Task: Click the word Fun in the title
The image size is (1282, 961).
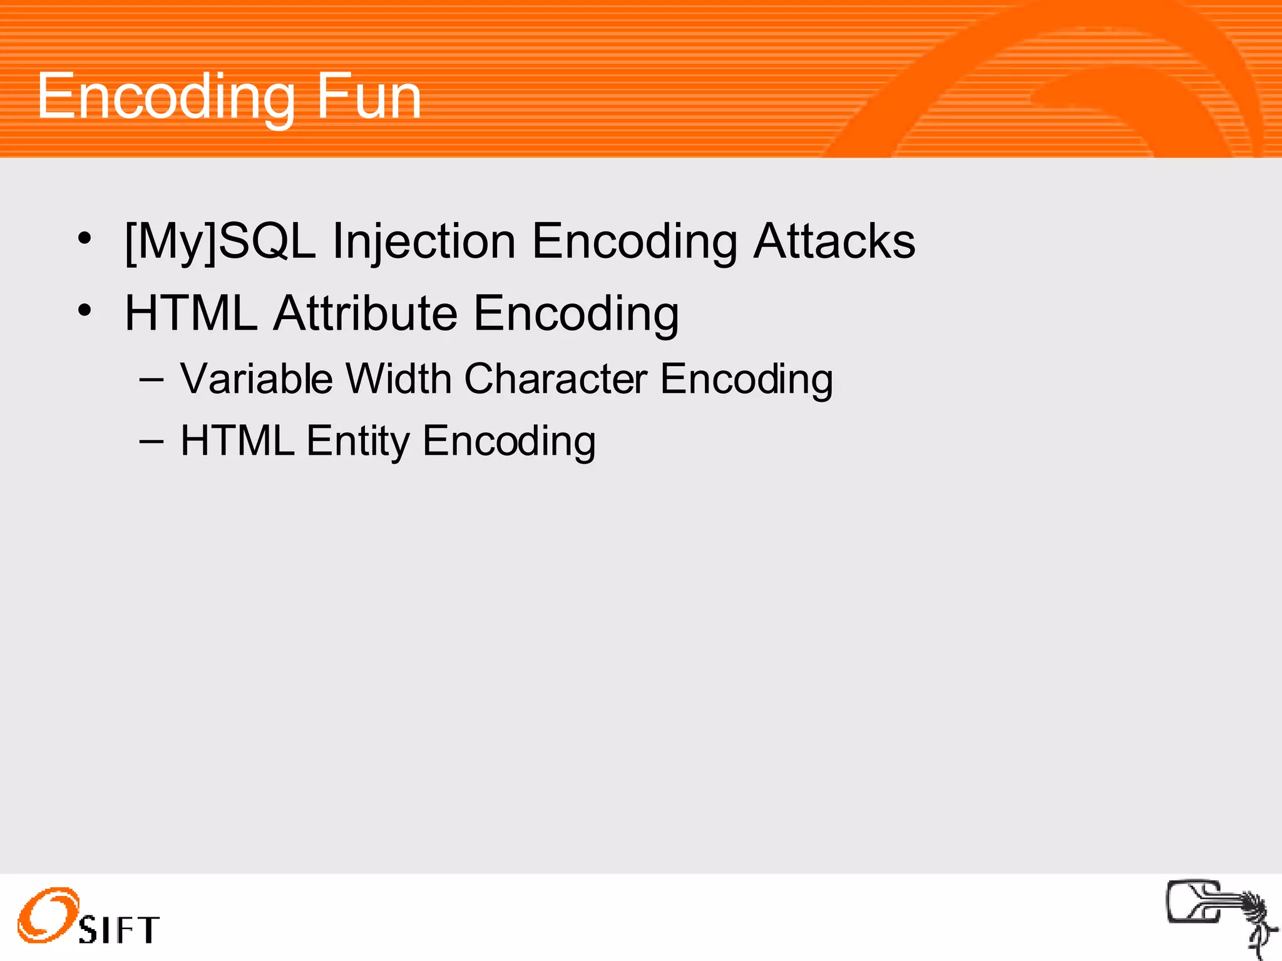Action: [x=369, y=96]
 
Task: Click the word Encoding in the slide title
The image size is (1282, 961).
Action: [x=165, y=98]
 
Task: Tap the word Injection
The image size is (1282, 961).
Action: [x=424, y=242]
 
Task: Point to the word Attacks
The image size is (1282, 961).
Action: [x=834, y=242]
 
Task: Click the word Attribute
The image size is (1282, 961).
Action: [x=366, y=313]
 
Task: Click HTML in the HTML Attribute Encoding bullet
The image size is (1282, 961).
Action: [x=191, y=313]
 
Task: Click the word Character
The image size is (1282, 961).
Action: [x=556, y=379]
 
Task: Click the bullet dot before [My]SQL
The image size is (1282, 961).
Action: [x=85, y=238]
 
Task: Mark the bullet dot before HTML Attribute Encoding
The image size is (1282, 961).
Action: [x=85, y=310]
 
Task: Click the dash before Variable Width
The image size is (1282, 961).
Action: [x=151, y=380]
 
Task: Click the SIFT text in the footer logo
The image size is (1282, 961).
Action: [x=119, y=930]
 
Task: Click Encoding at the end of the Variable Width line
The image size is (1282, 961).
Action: [x=746, y=379]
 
